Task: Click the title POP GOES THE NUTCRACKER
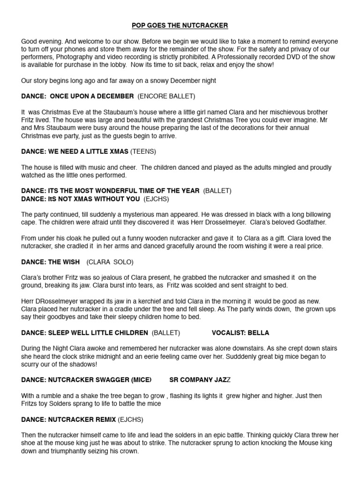(x=180, y=25)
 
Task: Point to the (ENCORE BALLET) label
(x=166, y=96)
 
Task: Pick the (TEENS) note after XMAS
(x=143, y=151)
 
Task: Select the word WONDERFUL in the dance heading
(x=117, y=191)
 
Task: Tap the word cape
(x=29, y=222)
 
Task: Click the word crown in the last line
(x=128, y=451)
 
